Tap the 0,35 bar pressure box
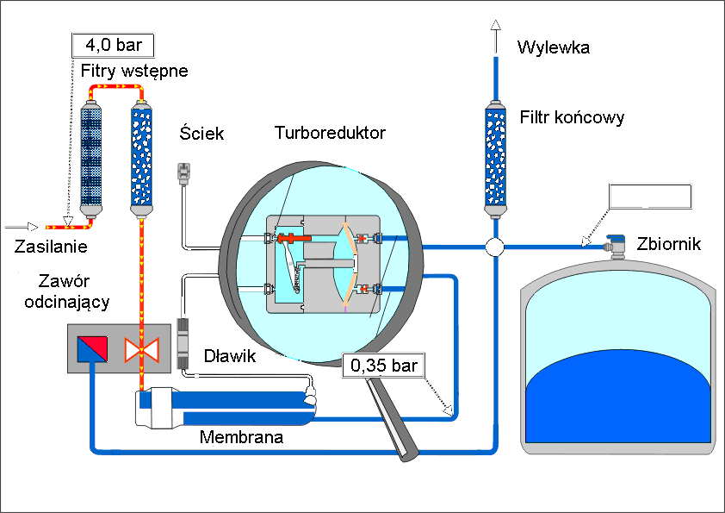(384, 365)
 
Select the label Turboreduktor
(330, 133)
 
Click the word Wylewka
(553, 47)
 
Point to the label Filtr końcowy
(572, 116)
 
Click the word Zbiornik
(670, 244)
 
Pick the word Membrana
(241, 437)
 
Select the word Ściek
(202, 133)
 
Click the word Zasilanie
(52, 247)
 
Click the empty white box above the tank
(650, 197)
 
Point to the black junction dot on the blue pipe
(495, 247)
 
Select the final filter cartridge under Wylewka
(495, 160)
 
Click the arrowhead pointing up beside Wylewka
(495, 27)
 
